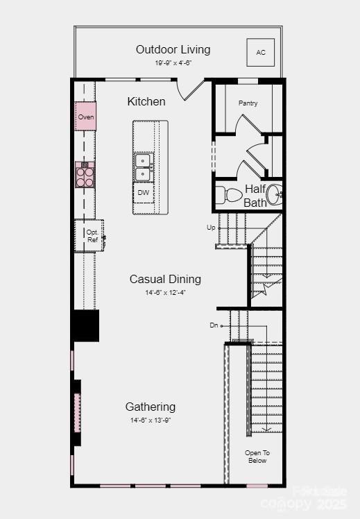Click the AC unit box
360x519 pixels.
261,52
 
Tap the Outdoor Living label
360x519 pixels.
173,49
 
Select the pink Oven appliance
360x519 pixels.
85,117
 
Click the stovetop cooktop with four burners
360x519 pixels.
85,176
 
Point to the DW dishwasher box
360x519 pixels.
144,193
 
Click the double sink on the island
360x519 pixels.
144,167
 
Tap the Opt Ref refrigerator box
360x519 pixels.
90,236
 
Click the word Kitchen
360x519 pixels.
146,101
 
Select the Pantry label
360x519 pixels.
248,103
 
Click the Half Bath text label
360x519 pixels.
255,196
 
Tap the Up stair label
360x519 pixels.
211,228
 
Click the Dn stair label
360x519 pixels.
214,325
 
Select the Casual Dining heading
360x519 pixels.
165,279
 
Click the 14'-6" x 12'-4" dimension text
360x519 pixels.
165,293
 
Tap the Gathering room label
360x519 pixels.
150,407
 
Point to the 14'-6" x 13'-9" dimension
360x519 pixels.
150,420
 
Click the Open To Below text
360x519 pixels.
256,457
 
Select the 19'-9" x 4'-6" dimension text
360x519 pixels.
173,62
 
